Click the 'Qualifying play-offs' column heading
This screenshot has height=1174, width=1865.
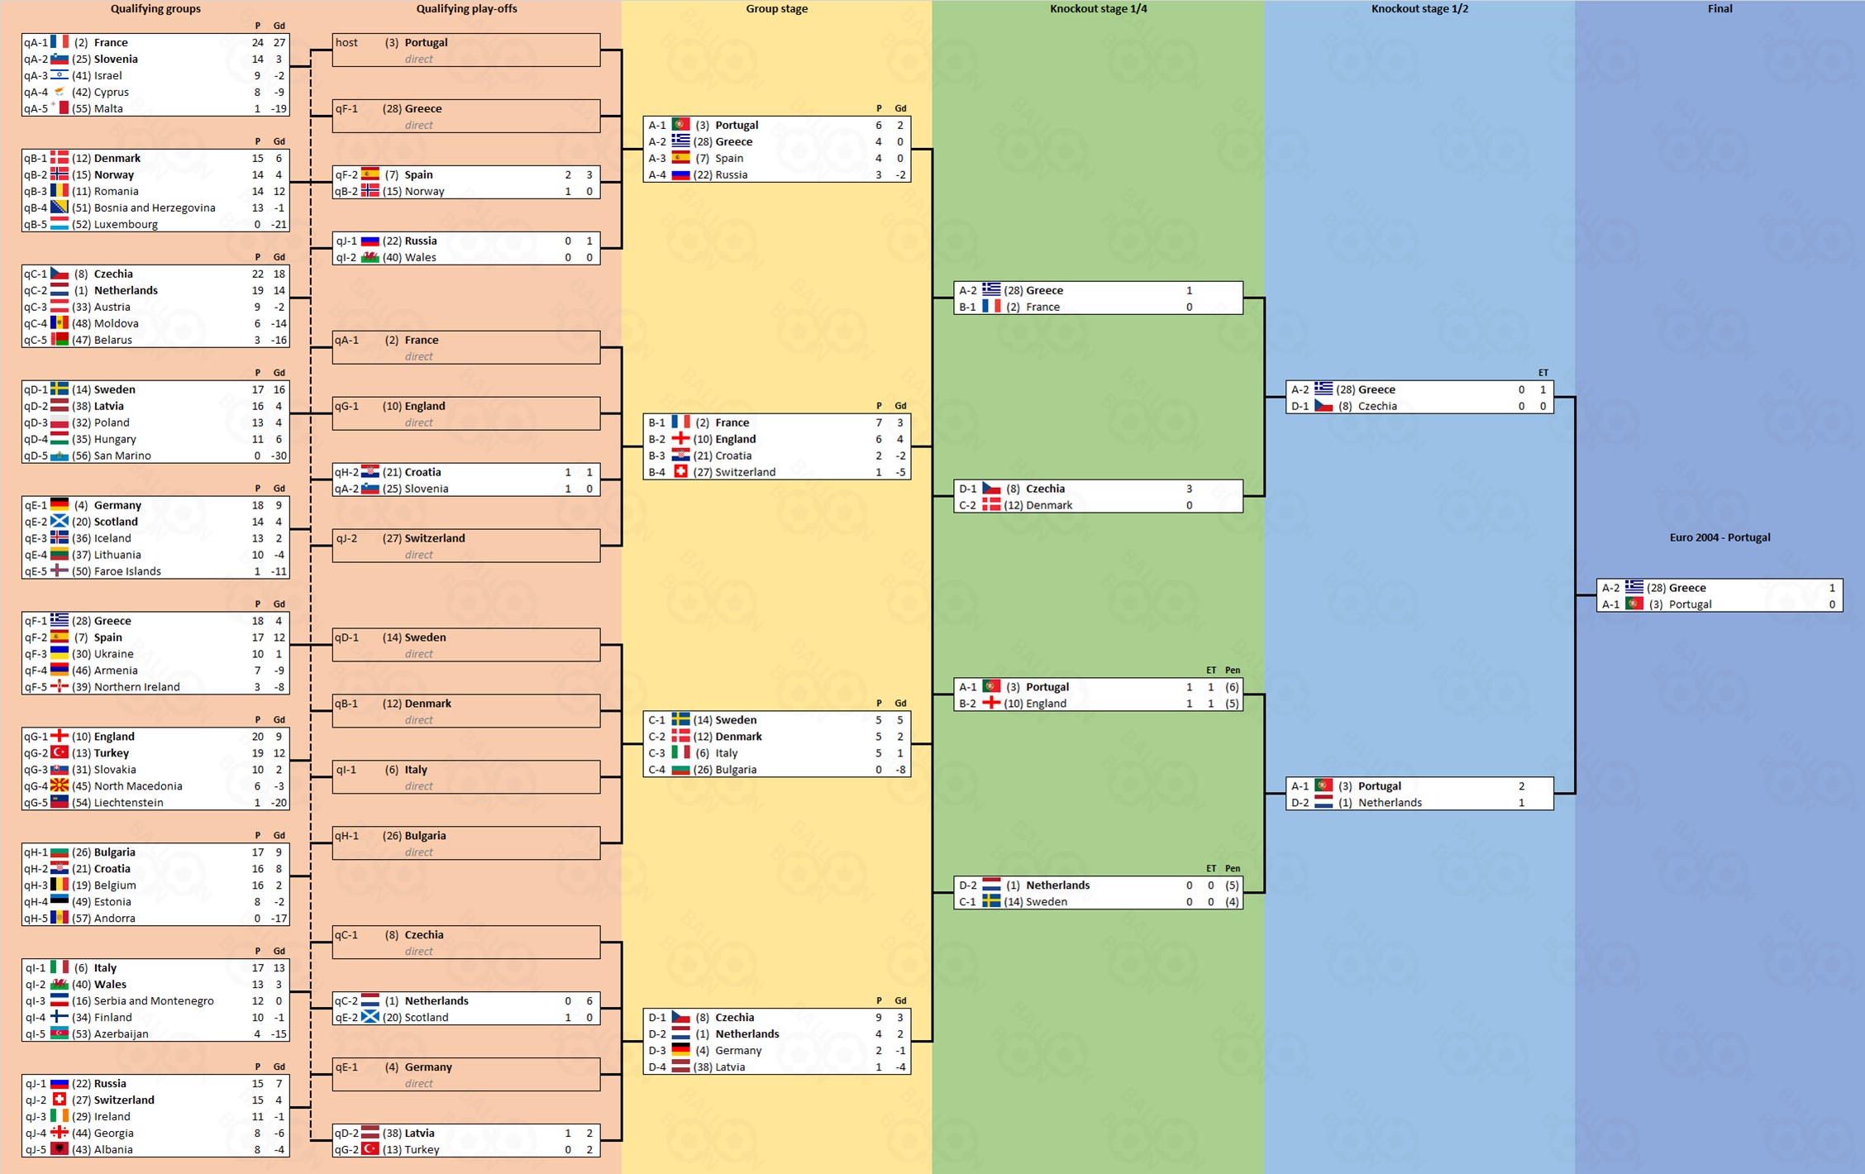(466, 9)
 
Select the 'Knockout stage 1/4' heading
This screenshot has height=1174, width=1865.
(1098, 9)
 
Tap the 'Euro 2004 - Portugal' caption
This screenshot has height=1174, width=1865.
(1720, 537)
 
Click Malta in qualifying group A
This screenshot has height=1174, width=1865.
(108, 108)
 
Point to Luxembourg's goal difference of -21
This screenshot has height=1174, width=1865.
(279, 224)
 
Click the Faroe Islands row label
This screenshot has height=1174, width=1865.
(127, 571)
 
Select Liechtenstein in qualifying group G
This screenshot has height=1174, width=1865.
(128, 803)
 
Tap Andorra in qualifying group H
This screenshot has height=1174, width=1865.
(114, 919)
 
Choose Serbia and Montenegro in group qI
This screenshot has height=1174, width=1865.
(154, 1001)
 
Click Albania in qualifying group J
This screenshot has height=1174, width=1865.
(113, 1150)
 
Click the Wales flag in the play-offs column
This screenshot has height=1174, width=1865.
(370, 257)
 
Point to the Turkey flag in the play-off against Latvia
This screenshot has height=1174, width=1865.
(370, 1149)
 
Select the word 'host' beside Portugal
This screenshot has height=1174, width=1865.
(346, 42)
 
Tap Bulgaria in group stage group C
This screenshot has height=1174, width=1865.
(735, 770)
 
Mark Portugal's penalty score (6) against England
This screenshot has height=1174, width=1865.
(1232, 687)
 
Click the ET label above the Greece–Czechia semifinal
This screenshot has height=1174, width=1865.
(1543, 373)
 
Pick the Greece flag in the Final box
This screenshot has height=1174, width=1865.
(1634, 588)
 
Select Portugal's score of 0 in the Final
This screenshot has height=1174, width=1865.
(1832, 604)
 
